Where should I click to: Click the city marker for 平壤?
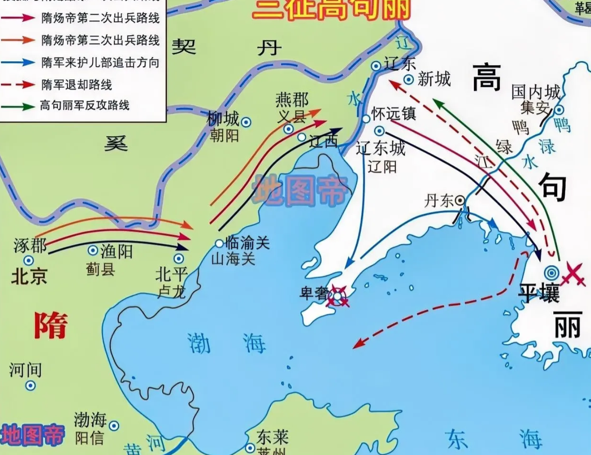coord(552,273)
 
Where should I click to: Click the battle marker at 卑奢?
coord(338,296)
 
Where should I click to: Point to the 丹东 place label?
coord(438,200)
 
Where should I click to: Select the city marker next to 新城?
coord(409,79)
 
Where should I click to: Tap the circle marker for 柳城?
coord(246,122)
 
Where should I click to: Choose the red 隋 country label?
coord(51,325)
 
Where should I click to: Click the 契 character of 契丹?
coord(184,46)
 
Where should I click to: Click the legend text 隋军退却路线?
coord(77,85)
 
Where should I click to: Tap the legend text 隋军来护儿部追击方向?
coord(100,63)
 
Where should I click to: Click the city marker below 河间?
coord(30,385)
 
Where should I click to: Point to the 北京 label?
coord(29,276)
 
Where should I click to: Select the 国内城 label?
coord(536,92)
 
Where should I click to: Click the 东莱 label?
coord(272,437)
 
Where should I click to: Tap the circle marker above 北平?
coord(179,258)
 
